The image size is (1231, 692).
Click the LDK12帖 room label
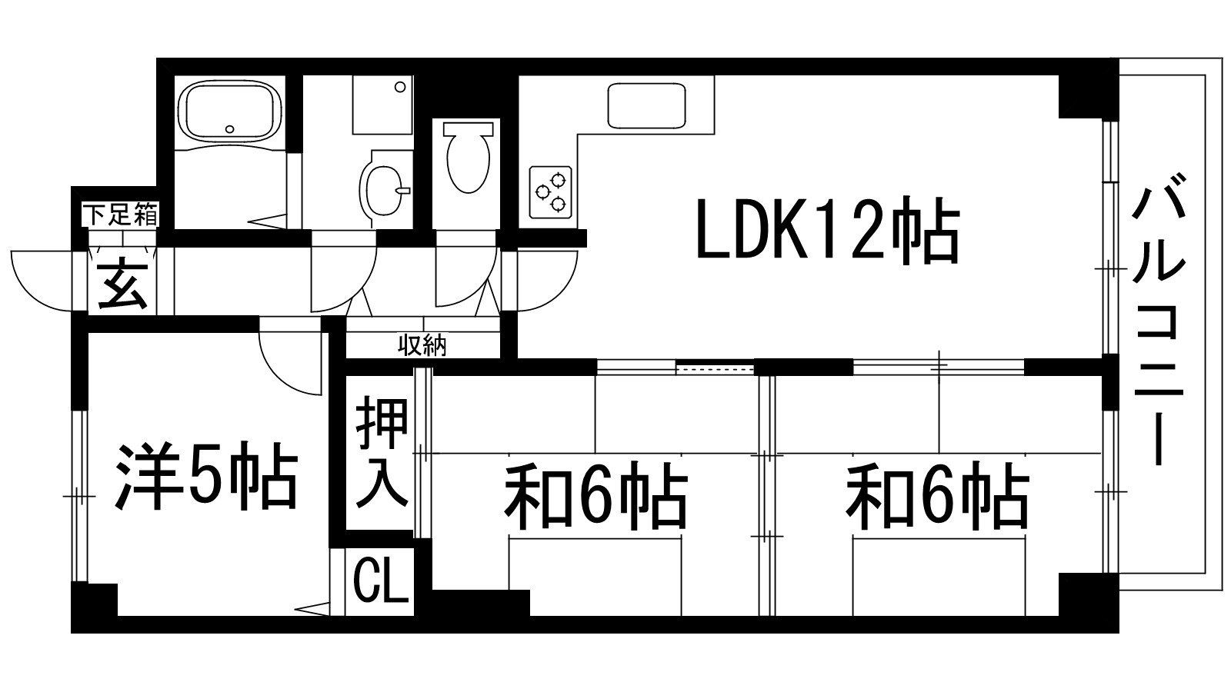827,231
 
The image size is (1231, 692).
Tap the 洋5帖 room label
206,475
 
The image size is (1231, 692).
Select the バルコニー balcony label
1160,320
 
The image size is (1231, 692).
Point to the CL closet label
380,582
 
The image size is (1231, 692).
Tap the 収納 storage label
422,346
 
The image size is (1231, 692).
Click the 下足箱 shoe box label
121,215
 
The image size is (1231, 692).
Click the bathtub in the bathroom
229,111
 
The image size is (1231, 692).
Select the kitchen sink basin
646,106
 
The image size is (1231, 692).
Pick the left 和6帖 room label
595,496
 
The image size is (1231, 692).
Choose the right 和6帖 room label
937,496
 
